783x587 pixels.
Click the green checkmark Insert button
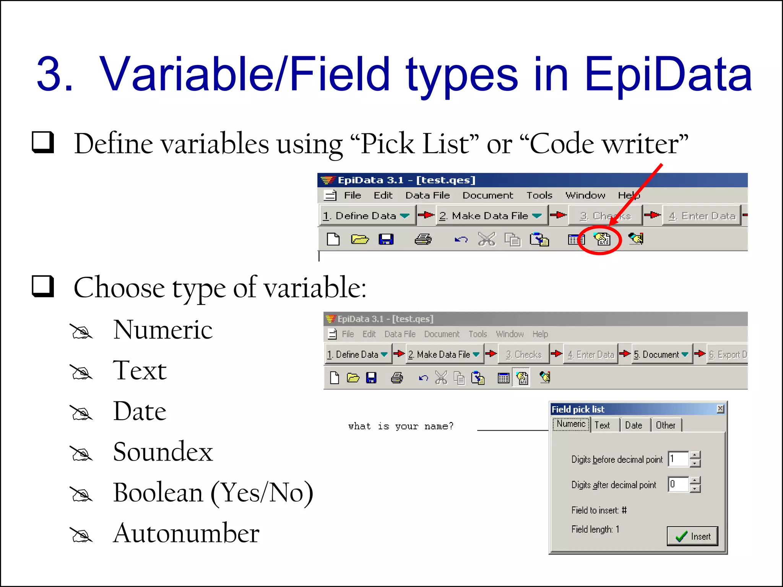[x=692, y=536]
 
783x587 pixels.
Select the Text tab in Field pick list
[x=602, y=425]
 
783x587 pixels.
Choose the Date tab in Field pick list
[x=634, y=425]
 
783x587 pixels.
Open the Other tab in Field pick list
[x=665, y=425]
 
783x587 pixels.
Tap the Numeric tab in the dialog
[x=571, y=424]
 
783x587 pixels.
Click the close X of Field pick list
[x=720, y=409]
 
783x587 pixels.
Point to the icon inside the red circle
[x=601, y=239]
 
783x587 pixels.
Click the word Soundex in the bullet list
[x=163, y=452]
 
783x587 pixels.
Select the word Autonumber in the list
[x=186, y=533]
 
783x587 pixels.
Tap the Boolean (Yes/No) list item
[x=213, y=492]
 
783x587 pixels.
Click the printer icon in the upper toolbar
[x=423, y=240]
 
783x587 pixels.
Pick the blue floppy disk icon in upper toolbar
[x=386, y=240]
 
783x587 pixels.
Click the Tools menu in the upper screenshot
[x=539, y=195]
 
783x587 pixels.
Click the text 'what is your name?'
[x=401, y=426]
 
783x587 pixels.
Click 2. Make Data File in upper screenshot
[x=490, y=216]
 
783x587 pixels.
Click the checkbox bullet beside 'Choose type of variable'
[x=42, y=286]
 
